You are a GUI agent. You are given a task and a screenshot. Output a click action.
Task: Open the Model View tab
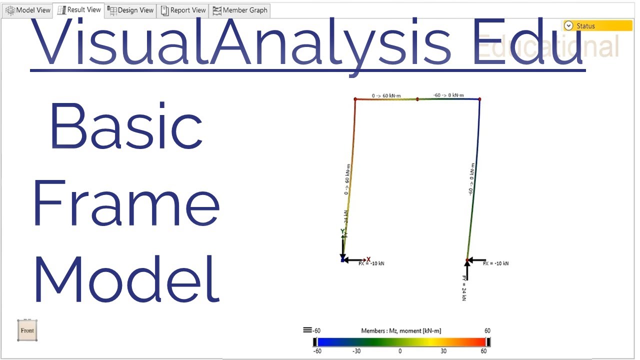(x=28, y=10)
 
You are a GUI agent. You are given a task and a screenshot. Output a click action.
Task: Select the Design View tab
(x=130, y=10)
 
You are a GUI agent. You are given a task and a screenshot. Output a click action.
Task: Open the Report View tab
(x=183, y=10)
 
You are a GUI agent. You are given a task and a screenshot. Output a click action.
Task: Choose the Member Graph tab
(x=240, y=10)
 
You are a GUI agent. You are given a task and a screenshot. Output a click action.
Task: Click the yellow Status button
(x=597, y=26)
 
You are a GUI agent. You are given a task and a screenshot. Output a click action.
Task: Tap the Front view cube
(x=27, y=330)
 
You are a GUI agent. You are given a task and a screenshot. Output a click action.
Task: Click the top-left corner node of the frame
(x=355, y=99)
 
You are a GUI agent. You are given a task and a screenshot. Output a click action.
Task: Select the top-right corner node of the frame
(x=479, y=99)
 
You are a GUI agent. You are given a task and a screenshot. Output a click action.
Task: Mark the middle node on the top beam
(x=417, y=99)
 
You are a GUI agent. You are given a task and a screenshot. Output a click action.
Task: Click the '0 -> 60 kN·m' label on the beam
(x=388, y=95)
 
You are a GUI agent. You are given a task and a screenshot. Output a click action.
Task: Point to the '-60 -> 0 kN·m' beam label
(x=448, y=95)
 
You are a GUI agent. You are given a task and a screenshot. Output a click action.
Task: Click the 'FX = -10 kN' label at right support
(x=495, y=263)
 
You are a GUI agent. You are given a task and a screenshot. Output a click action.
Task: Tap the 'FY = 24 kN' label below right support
(x=464, y=288)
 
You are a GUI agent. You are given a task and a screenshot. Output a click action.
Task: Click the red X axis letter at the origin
(x=368, y=259)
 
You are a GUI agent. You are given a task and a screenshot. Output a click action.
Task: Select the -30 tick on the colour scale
(x=356, y=351)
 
